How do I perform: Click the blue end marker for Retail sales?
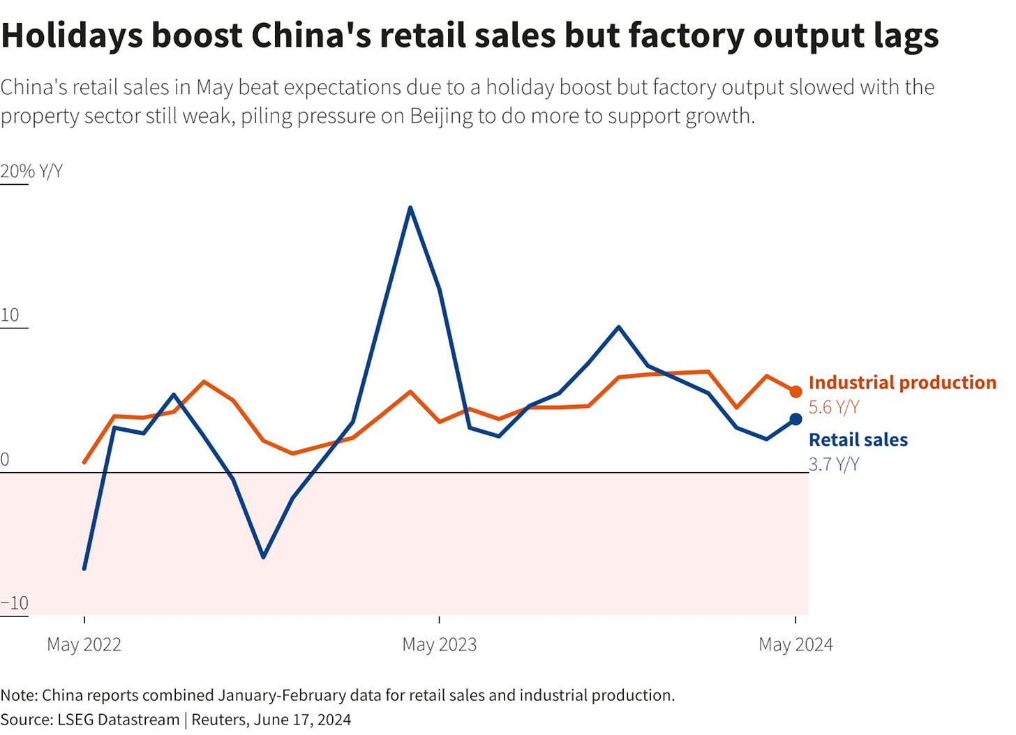pyautogui.click(x=795, y=419)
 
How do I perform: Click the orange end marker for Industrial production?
pyautogui.click(x=795, y=392)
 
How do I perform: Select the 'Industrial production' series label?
pyautogui.click(x=902, y=383)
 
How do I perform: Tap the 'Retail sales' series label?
pyautogui.click(x=858, y=440)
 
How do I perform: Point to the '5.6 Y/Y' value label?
pyautogui.click(x=833, y=407)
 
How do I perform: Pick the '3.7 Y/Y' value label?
pyautogui.click(x=833, y=464)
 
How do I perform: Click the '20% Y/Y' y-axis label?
pyautogui.click(x=31, y=172)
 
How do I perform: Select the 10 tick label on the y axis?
pyautogui.click(x=10, y=315)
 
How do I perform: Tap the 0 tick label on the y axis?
pyautogui.click(x=5, y=460)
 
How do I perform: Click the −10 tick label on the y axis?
pyautogui.click(x=15, y=603)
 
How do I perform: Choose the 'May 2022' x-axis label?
pyautogui.click(x=84, y=644)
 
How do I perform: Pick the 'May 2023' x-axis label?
pyautogui.click(x=439, y=644)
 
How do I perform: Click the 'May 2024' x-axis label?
pyautogui.click(x=795, y=644)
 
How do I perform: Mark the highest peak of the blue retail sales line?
pyautogui.click(x=410, y=208)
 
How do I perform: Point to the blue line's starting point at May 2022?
pyautogui.click(x=84, y=568)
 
